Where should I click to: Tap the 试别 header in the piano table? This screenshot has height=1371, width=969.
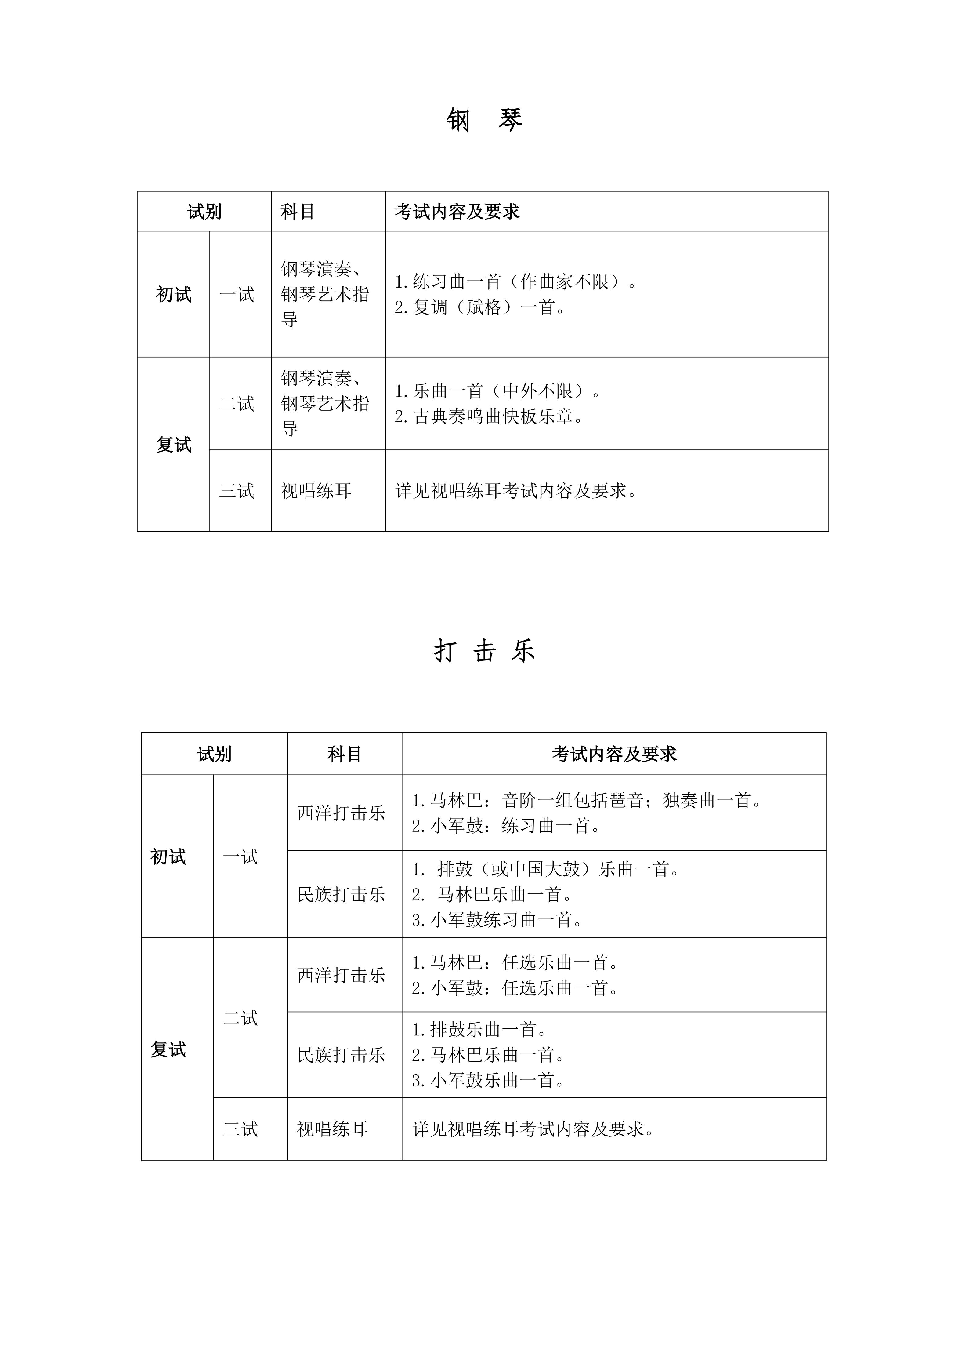[x=204, y=211]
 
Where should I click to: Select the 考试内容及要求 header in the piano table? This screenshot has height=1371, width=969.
[x=457, y=211]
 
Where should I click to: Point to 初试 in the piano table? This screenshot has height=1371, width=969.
[x=174, y=294]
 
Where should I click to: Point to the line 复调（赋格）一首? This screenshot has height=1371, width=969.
[x=480, y=307]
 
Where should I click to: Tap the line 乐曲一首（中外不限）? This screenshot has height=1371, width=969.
[x=498, y=391]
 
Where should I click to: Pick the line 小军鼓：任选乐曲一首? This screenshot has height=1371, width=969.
[x=515, y=988]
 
